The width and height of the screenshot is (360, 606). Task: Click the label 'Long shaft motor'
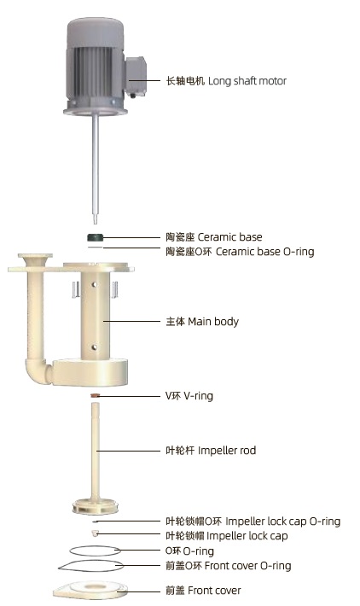tap(247, 81)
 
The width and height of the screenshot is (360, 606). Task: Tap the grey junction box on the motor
tap(136, 76)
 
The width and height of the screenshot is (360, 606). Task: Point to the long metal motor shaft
tap(95, 168)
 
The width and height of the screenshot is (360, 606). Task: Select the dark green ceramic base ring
tap(95, 237)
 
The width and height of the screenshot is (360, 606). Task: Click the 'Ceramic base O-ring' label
tap(264, 252)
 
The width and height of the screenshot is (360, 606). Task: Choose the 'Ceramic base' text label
tap(229, 237)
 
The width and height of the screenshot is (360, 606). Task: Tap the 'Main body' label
tap(212, 322)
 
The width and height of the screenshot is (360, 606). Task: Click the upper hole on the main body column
tap(95, 285)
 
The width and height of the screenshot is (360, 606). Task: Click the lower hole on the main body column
tap(95, 347)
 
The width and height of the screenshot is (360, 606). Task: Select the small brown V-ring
tap(95, 395)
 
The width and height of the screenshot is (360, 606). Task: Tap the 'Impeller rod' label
tap(227, 451)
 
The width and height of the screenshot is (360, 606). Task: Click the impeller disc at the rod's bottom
tap(95, 506)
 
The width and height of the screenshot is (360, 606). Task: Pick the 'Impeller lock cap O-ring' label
tap(282, 522)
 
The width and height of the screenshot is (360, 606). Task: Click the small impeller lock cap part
tap(95, 533)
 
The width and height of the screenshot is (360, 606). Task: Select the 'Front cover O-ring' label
tap(247, 566)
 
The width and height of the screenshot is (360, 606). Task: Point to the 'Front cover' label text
tap(214, 590)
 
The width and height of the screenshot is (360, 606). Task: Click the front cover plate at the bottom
tap(90, 590)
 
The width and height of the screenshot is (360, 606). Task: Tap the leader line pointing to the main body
tap(131, 321)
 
